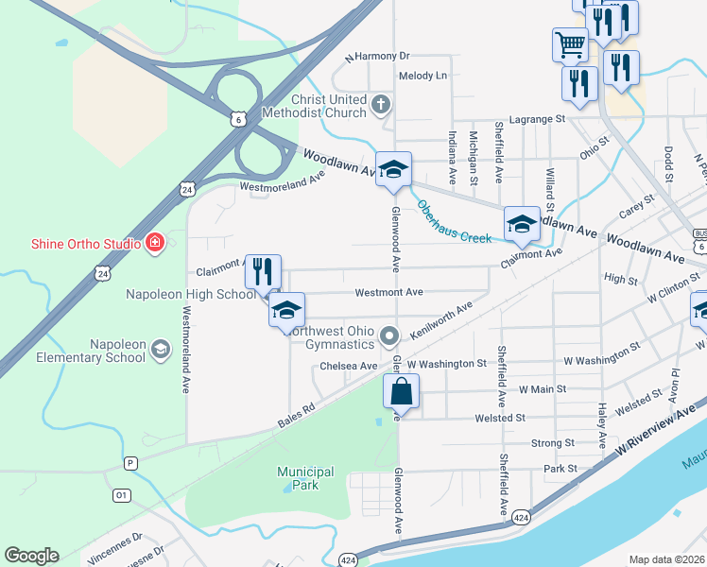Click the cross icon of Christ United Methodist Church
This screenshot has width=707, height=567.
coord(381,104)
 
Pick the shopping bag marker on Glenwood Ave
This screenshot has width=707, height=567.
coord(401,390)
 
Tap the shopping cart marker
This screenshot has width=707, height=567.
coord(570,43)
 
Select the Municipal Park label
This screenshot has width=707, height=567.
coord(305,478)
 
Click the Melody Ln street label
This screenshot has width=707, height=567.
coord(422,76)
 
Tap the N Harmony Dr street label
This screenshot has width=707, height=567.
coord(377,57)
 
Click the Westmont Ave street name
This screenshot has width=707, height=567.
coord(388,293)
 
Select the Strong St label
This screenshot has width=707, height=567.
coord(553,442)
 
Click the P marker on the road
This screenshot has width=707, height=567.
coord(130,463)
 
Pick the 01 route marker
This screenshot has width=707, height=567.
coord(121,495)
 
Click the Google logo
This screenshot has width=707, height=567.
coord(31,556)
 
